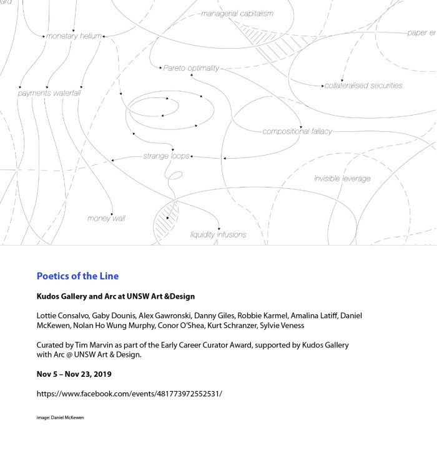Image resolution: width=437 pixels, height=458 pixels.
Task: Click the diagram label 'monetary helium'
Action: click(73, 36)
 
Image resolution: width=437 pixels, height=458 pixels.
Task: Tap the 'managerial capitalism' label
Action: click(237, 13)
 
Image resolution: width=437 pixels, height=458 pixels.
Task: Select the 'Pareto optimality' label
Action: click(191, 67)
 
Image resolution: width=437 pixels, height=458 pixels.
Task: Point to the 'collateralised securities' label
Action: click(363, 86)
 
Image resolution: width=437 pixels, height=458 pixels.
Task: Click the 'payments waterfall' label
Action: click(49, 93)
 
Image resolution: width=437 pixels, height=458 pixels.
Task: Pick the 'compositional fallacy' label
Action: click(297, 131)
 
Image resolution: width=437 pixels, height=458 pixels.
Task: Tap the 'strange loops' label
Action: click(166, 156)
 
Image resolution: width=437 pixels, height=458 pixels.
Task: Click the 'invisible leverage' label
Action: click(342, 179)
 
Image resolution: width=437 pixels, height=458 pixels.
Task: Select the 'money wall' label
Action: click(106, 218)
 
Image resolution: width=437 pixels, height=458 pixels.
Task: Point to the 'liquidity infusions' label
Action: click(218, 235)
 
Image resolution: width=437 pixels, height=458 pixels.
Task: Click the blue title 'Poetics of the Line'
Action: click(77, 276)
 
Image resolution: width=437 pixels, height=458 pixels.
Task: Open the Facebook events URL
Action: click(129, 394)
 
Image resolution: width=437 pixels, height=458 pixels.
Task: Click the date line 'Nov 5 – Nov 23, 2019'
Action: click(74, 374)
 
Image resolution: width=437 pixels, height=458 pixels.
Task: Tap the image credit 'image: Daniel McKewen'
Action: click(60, 417)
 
